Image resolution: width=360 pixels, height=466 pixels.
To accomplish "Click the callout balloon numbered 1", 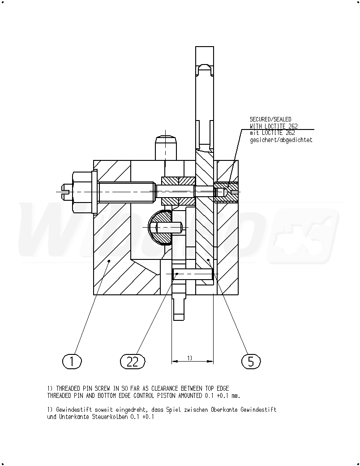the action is (72, 362).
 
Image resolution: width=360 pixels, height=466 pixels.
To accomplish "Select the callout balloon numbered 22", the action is (133, 362).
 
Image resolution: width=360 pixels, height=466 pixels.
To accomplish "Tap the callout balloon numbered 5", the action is (251, 362).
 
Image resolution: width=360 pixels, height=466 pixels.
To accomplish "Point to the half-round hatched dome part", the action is (160, 227).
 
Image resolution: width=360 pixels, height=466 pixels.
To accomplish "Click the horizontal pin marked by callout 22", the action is (193, 274).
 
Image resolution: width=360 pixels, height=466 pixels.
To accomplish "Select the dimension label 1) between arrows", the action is (189, 358).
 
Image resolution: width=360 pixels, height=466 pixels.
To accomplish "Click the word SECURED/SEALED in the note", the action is (270, 120).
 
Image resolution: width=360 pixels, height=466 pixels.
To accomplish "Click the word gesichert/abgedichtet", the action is (281, 140).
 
